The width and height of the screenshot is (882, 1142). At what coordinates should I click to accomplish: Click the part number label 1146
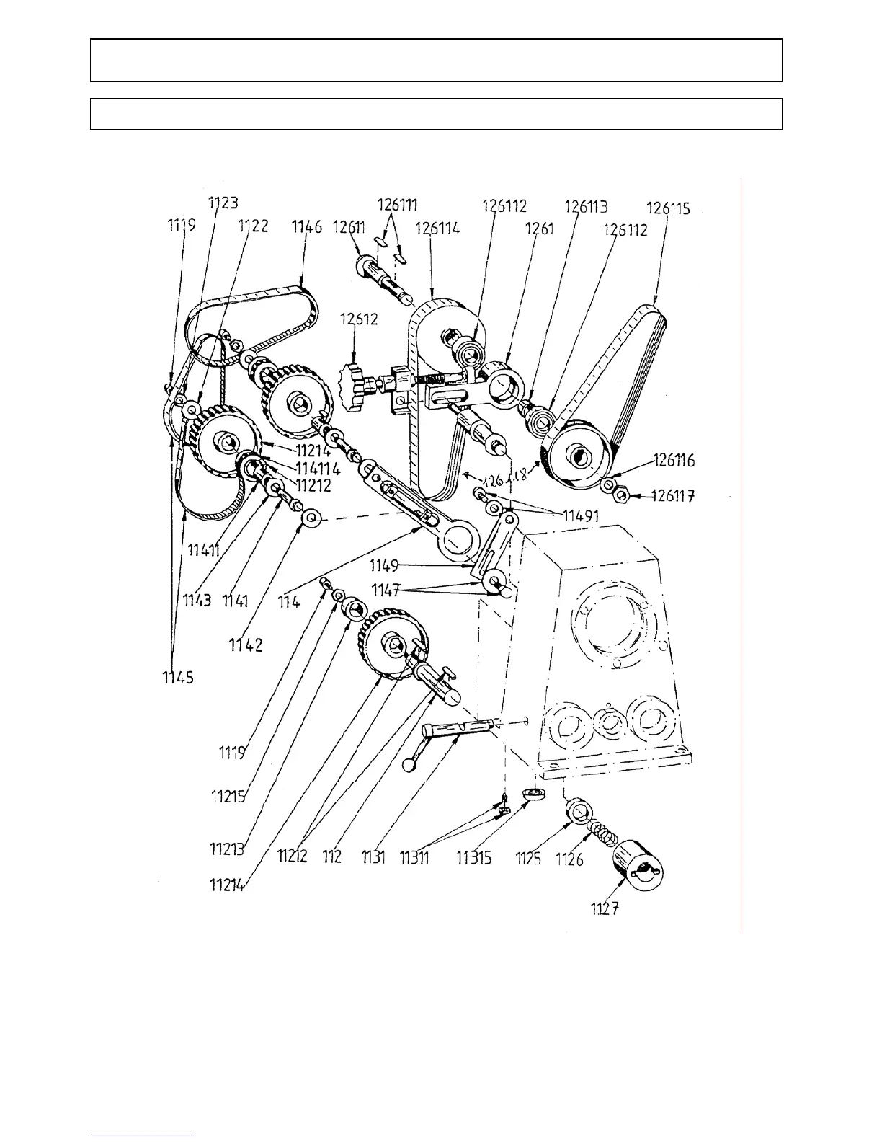click(307, 228)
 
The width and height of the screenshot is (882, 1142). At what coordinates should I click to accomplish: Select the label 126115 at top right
click(668, 209)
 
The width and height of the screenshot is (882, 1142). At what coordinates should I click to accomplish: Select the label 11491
click(581, 515)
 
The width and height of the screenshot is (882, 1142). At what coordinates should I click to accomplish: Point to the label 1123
click(223, 203)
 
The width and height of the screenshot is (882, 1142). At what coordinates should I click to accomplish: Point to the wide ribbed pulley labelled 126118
click(576, 454)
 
